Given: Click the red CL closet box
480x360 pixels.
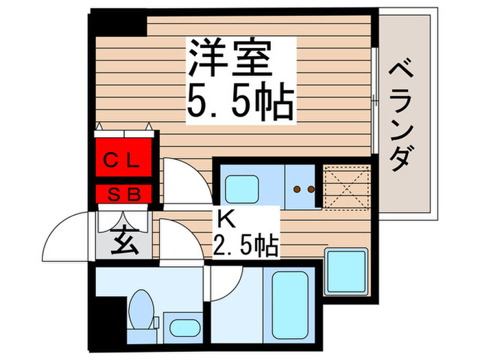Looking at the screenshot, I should point(123,162).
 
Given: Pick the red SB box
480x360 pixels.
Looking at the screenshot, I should point(123,194).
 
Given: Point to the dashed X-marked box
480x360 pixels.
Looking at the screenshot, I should point(346,185).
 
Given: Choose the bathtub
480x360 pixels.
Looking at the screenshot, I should point(291,302).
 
